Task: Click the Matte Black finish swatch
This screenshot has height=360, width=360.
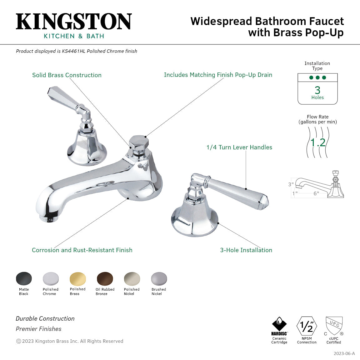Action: pyautogui.click(x=24, y=278)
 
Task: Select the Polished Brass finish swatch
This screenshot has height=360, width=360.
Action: pyautogui.click(x=78, y=278)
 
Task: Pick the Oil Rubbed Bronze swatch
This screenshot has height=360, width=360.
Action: pyautogui.click(x=105, y=278)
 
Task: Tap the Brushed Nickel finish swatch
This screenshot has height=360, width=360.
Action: pyautogui.click(x=159, y=278)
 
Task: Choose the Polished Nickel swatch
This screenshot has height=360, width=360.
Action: pyautogui.click(x=132, y=278)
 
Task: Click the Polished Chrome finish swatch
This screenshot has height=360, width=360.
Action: pyautogui.click(x=51, y=278)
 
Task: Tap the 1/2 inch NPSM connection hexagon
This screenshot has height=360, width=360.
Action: pyautogui.click(x=307, y=326)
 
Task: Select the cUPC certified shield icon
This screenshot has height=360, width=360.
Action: pyautogui.click(x=334, y=326)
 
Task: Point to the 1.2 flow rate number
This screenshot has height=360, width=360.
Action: pyautogui.click(x=318, y=142)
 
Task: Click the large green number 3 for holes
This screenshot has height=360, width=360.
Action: pyautogui.click(x=317, y=90)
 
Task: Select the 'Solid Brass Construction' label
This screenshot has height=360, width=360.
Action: pyautogui.click(x=67, y=75)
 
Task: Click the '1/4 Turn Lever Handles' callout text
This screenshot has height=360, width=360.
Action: pyautogui.click(x=239, y=147)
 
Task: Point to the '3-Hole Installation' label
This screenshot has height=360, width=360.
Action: pyautogui.click(x=246, y=250)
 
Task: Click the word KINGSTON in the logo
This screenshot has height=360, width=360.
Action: pyautogui.click(x=74, y=22)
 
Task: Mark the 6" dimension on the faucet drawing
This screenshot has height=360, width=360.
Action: pyautogui.click(x=316, y=193)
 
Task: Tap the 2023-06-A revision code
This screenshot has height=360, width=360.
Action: pyautogui.click(x=344, y=353)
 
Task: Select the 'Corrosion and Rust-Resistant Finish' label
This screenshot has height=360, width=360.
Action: pyautogui.click(x=82, y=250)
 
